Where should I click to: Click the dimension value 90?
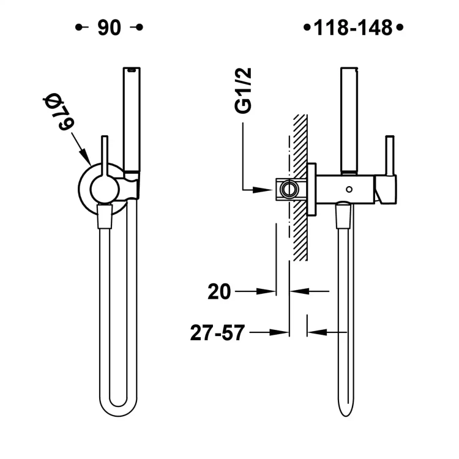click(x=109, y=28)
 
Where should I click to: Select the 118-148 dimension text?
click(x=353, y=28)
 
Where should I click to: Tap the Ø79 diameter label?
click(x=58, y=112)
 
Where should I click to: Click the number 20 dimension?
click(x=219, y=292)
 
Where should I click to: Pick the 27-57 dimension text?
click(x=217, y=333)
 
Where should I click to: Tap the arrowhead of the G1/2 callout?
click(x=270, y=190)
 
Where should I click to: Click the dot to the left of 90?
click(x=78, y=28)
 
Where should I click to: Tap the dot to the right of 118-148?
click(x=400, y=28)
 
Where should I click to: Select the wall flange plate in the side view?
click(x=312, y=190)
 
